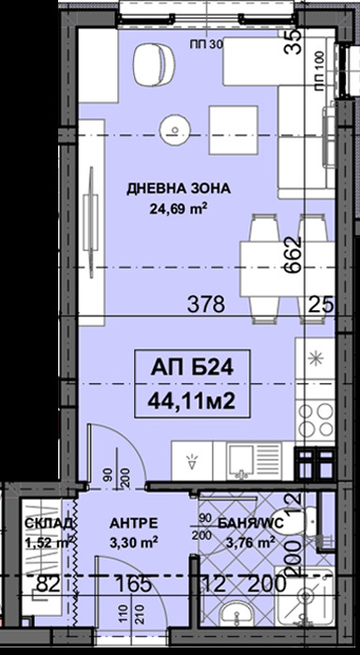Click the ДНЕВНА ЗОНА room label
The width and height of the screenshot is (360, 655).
(178, 189)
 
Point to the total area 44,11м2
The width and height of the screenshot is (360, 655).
(185, 401)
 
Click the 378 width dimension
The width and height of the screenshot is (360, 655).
(206, 303)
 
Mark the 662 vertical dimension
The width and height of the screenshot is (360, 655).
(292, 252)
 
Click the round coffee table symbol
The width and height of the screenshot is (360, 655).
(174, 125)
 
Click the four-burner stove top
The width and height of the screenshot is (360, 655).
(313, 419)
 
